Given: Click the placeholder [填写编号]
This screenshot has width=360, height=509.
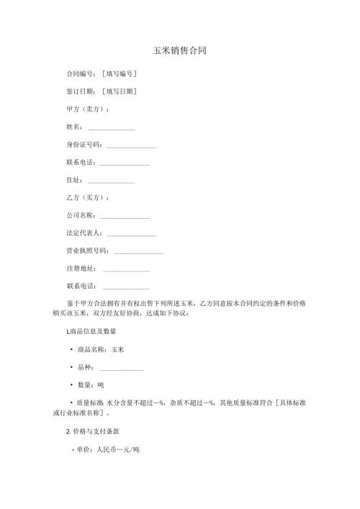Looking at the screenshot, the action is [120, 74].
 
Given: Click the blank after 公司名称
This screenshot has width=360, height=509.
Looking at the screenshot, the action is [125, 217].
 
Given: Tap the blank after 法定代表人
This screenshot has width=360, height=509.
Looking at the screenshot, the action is [131, 235].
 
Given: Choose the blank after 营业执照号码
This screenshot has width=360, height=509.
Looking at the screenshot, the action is [138, 252].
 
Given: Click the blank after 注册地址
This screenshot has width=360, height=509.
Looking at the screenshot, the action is [126, 270].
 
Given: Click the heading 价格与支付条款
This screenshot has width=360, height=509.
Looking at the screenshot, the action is [92, 438].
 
